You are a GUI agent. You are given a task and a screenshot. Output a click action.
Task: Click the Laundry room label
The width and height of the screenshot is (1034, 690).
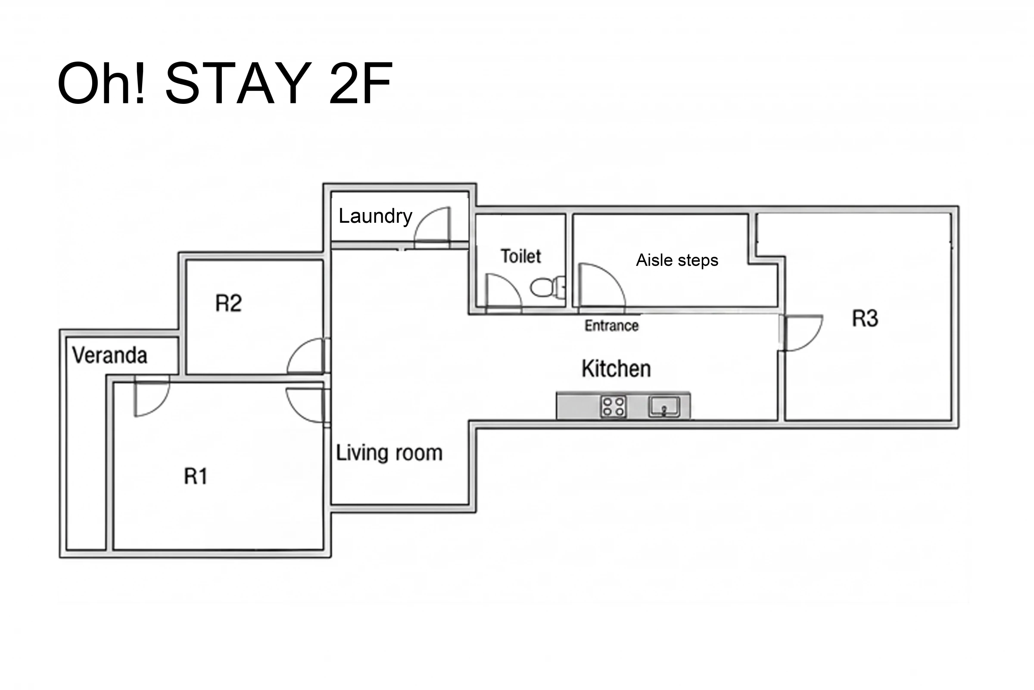pos(375,216)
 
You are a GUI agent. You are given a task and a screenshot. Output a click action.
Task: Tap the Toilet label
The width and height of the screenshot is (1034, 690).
pos(521,256)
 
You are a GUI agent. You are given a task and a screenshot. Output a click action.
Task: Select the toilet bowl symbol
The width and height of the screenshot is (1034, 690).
pos(548,287)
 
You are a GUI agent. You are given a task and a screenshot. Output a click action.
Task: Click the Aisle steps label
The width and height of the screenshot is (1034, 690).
pos(677,260)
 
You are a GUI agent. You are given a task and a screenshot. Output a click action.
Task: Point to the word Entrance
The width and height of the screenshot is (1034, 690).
pos(611,326)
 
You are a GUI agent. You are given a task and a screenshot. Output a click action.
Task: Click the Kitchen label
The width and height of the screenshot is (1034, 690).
pos(616,369)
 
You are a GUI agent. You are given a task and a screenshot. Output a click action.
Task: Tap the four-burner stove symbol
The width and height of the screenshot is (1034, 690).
pos(613,406)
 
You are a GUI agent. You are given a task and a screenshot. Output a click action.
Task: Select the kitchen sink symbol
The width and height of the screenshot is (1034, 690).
pos(664,406)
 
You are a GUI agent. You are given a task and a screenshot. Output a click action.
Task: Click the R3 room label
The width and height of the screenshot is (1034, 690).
pos(865,318)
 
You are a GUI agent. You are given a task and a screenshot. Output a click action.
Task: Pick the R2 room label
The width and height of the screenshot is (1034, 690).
pos(228,303)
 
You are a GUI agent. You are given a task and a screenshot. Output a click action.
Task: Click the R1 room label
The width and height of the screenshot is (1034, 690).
pos(195,476)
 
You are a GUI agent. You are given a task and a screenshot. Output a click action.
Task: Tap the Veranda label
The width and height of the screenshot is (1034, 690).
pos(109,356)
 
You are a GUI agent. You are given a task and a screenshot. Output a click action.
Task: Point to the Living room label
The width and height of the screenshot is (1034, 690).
pos(389,453)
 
